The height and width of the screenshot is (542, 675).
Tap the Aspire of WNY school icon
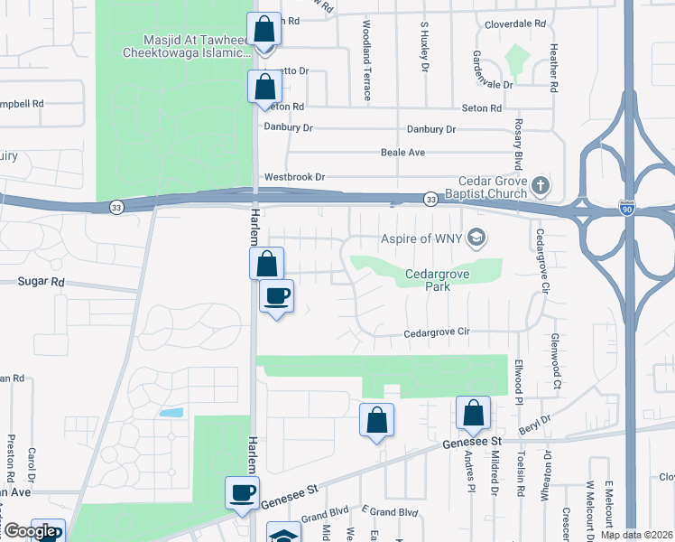tap(477, 238)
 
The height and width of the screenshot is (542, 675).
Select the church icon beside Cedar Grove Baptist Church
tap(541, 187)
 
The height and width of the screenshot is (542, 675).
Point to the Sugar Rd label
tap(42, 282)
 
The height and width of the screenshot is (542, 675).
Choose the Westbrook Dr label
tap(294, 177)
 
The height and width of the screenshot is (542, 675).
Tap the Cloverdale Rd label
tap(515, 24)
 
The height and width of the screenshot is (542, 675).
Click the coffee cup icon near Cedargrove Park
tap(276, 295)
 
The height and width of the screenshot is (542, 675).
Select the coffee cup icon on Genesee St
tap(242, 493)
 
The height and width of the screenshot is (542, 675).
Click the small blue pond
tap(171, 412)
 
